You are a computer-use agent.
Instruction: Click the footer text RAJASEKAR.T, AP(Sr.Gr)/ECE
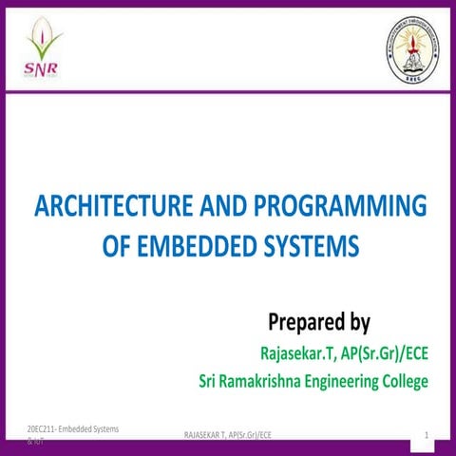(227, 435)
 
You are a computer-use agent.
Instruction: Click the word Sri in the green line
(211, 382)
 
